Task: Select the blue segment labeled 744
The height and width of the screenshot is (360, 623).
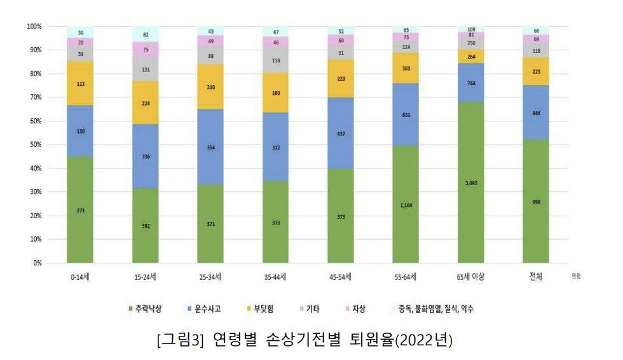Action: (x=471, y=83)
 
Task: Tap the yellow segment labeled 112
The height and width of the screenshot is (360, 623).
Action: (x=80, y=83)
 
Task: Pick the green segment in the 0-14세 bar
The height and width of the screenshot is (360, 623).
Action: (x=80, y=210)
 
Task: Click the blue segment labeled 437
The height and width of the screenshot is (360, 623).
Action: (x=341, y=134)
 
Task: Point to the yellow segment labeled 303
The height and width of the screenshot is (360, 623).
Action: (x=406, y=68)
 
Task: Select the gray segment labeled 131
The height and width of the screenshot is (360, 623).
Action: (x=146, y=69)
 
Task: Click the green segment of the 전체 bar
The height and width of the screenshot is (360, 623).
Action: (x=536, y=202)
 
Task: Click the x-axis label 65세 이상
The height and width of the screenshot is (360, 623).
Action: (x=471, y=277)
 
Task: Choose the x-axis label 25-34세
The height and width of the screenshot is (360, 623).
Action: (x=210, y=277)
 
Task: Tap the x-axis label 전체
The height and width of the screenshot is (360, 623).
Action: (x=536, y=277)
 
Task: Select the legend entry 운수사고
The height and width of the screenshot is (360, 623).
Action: (x=210, y=310)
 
